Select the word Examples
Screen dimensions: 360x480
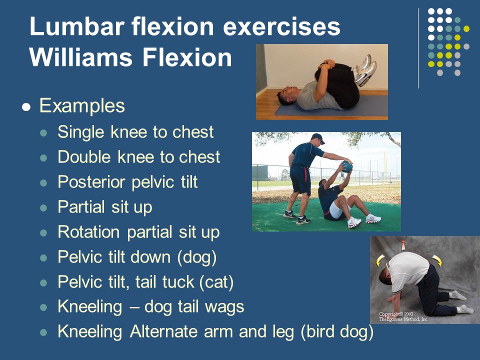pyautogui.click(x=82, y=106)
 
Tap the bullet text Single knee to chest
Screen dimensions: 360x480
pyautogui.click(x=135, y=132)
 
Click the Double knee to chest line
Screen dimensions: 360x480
pyautogui.click(x=138, y=157)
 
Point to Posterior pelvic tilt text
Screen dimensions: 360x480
pyautogui.click(x=127, y=182)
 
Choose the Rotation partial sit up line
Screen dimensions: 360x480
pyautogui.click(x=138, y=232)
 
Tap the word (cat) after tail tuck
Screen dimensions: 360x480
pyautogui.click(x=216, y=282)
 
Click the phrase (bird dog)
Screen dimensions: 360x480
pyautogui.click(x=337, y=331)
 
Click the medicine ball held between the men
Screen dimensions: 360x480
pyautogui.click(x=346, y=167)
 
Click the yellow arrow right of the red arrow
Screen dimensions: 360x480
pyautogui.click(x=436, y=260)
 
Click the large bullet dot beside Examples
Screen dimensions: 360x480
pyautogui.click(x=27, y=107)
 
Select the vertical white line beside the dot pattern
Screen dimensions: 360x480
pyautogui.click(x=418, y=48)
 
